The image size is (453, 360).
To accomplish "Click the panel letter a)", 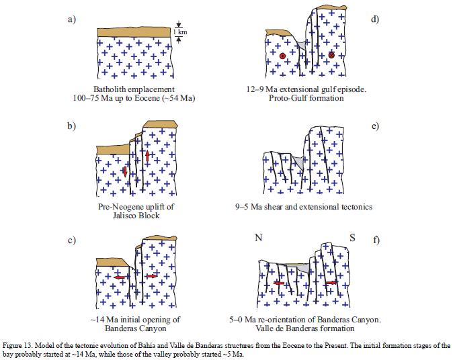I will (x=71, y=19).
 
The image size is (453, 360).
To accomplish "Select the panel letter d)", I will (x=375, y=19).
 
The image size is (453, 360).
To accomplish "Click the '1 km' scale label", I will (x=179, y=32).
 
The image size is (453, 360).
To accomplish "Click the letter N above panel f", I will (x=258, y=238).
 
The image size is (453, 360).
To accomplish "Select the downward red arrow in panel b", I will (x=125, y=173).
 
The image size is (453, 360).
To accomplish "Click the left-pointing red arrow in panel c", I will (x=122, y=277).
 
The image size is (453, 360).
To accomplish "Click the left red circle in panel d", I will (x=283, y=55).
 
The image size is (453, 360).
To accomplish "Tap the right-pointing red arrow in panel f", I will (x=332, y=283).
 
